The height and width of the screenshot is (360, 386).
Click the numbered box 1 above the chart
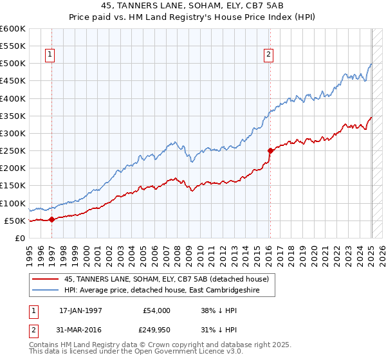coord(50,55)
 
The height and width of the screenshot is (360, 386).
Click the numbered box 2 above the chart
coord(268,55)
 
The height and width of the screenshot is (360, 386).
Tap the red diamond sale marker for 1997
coord(51,219)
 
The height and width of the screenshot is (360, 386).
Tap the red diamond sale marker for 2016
coord(270,150)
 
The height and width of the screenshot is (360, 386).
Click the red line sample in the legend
coord(46,278)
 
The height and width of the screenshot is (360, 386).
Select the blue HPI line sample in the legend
coord(46,290)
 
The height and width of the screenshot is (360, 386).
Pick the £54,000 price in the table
coord(156,310)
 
